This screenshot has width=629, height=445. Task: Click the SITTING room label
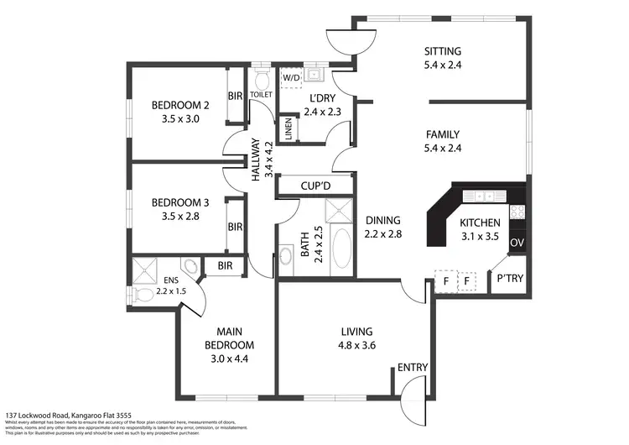click(443, 50)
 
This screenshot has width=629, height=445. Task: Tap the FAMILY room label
click(444, 133)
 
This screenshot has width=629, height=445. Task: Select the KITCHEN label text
click(481, 222)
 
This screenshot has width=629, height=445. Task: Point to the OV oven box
click(517, 243)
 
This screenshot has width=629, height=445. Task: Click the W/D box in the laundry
click(291, 78)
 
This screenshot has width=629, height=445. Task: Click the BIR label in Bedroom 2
click(236, 97)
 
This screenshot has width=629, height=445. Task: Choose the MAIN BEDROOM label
click(230, 338)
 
